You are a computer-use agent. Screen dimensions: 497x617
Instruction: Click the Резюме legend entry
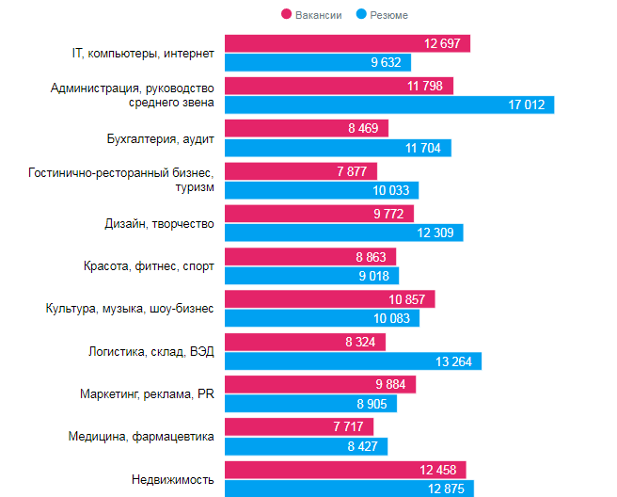tap(383, 15)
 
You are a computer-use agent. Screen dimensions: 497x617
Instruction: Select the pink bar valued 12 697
tap(347, 44)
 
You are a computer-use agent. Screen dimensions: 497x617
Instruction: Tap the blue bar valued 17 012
tap(389, 104)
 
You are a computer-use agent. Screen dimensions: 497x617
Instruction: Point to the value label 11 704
tap(423, 148)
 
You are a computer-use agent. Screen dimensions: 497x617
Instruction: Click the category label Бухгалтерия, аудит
tap(161, 138)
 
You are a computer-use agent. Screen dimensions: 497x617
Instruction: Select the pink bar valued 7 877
tap(301, 171)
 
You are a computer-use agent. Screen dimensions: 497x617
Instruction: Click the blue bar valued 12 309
tap(343, 232)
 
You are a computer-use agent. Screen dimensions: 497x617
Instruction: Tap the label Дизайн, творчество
tap(159, 223)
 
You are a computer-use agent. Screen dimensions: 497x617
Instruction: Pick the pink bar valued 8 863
tap(310, 256)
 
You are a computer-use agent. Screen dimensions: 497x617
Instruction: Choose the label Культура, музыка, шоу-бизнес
tap(130, 308)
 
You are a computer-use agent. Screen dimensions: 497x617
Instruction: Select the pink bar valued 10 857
tap(330, 299)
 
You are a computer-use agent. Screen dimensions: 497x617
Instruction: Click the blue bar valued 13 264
tap(353, 361)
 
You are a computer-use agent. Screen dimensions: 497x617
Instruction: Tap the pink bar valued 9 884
tap(320, 384)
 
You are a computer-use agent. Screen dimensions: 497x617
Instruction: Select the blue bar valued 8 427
tap(306, 446)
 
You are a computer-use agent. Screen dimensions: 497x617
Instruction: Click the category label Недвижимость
tap(173, 480)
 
